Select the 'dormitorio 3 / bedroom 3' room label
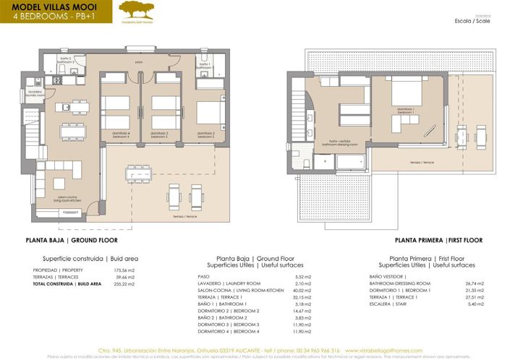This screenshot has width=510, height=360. click(159, 134)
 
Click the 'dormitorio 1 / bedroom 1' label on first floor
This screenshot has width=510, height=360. click(406, 110)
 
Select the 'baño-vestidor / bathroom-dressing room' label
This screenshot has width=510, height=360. click(340, 143)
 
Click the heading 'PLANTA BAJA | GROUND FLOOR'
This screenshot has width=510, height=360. click(71, 240)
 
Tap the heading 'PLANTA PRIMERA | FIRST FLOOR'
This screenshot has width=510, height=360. click(439, 240)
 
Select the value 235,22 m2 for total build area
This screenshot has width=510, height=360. click(125, 285)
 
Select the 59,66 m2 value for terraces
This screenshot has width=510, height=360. click(125, 277)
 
